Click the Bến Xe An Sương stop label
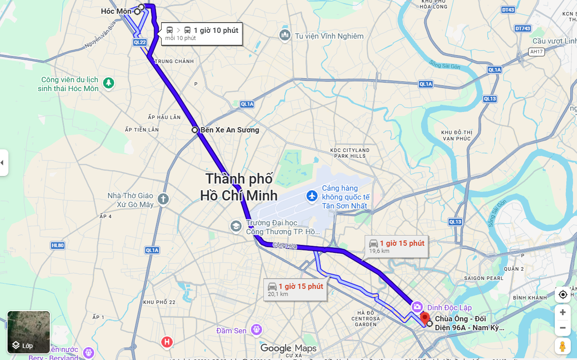(x=229, y=130)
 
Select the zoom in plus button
(x=562, y=312)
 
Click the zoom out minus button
(x=562, y=328)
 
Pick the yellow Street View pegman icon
(x=562, y=346)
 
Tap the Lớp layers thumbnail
(x=28, y=332)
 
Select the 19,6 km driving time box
(x=396, y=247)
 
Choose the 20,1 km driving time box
(x=295, y=290)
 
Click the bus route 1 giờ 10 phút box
(x=202, y=33)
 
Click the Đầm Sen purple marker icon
(x=255, y=329)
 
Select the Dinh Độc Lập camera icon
(x=417, y=307)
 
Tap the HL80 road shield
(x=58, y=245)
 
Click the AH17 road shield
(x=537, y=52)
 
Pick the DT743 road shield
(x=523, y=28)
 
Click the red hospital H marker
(x=167, y=342)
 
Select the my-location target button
(x=562, y=294)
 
